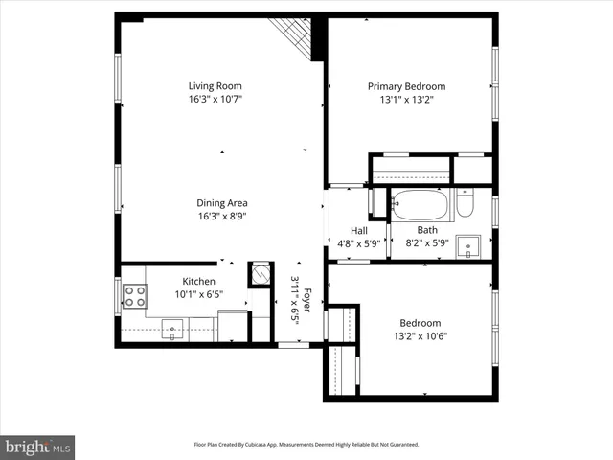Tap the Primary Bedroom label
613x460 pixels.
pyautogui.click(x=406, y=86)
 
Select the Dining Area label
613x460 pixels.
pyautogui.click(x=222, y=202)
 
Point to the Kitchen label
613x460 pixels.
pyautogui.click(x=199, y=281)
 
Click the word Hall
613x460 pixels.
pyautogui.click(x=358, y=230)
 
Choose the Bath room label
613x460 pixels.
pyautogui.click(x=427, y=230)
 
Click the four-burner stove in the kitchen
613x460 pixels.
pyautogui.click(x=134, y=297)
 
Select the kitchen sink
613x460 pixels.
pyautogui.click(x=173, y=330)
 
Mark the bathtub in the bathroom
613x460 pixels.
pyautogui.click(x=420, y=205)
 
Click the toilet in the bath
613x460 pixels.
pyautogui.click(x=465, y=203)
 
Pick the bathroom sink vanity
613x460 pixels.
pyautogui.click(x=468, y=247)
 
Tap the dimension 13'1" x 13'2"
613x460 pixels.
pyautogui.click(x=406, y=100)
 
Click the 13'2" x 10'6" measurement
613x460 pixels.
pyautogui.click(x=420, y=336)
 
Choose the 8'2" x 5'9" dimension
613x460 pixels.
pyautogui.click(x=427, y=243)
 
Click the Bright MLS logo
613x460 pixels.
pyautogui.click(x=38, y=447)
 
